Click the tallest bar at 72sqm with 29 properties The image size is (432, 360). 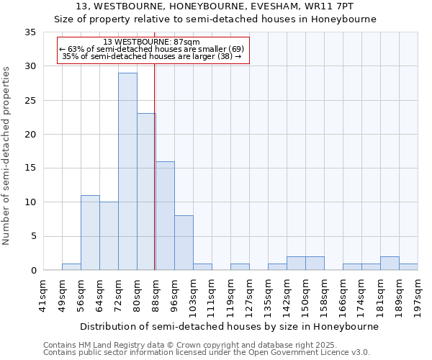point(127,171)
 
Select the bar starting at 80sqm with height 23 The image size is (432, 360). point(146,192)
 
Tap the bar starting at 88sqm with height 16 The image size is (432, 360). point(165,215)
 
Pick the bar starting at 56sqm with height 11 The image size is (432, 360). point(90,233)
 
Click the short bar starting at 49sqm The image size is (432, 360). point(71,266)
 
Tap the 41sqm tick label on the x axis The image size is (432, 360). point(44,294)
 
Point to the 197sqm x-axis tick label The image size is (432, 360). point(418,294)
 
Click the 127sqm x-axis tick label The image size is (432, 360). point(250,294)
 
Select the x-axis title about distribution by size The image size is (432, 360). point(229,326)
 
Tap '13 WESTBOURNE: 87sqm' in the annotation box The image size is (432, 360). point(151,42)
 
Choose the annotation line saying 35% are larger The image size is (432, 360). point(151,55)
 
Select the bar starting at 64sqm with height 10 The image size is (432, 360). point(109,236)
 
